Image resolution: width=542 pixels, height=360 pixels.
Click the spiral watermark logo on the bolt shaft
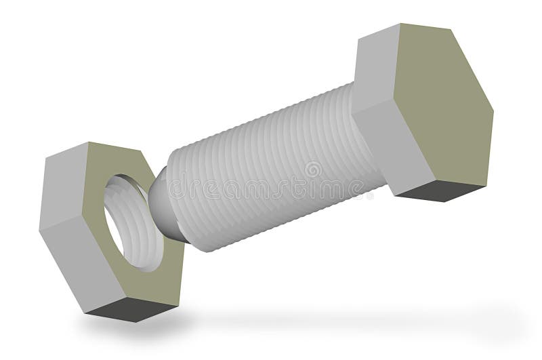click(313, 169)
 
